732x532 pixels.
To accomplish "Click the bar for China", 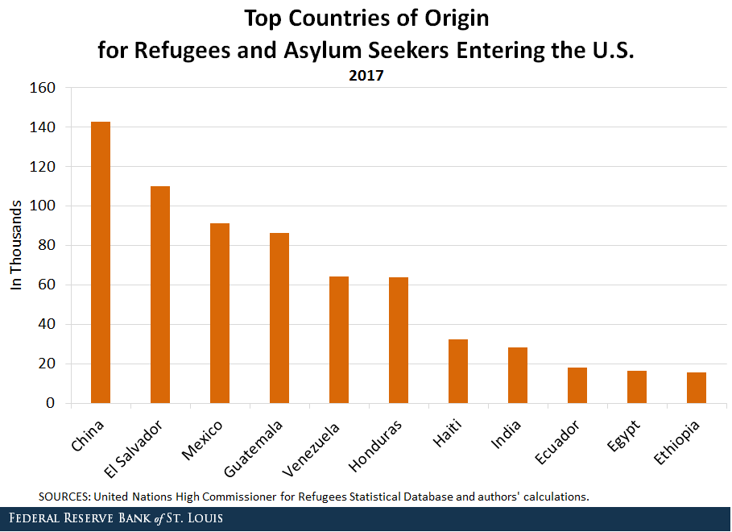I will (101, 262).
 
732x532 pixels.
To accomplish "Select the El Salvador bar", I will (160, 294).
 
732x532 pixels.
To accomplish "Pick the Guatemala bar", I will (279, 318).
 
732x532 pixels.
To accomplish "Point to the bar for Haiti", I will (458, 371).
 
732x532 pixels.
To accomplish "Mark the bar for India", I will (518, 375).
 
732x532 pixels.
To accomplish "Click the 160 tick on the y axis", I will (43, 88).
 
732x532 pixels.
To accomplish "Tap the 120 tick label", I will (43, 167).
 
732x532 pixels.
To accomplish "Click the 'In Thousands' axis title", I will (15, 245).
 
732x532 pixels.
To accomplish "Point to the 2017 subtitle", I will (366, 77).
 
